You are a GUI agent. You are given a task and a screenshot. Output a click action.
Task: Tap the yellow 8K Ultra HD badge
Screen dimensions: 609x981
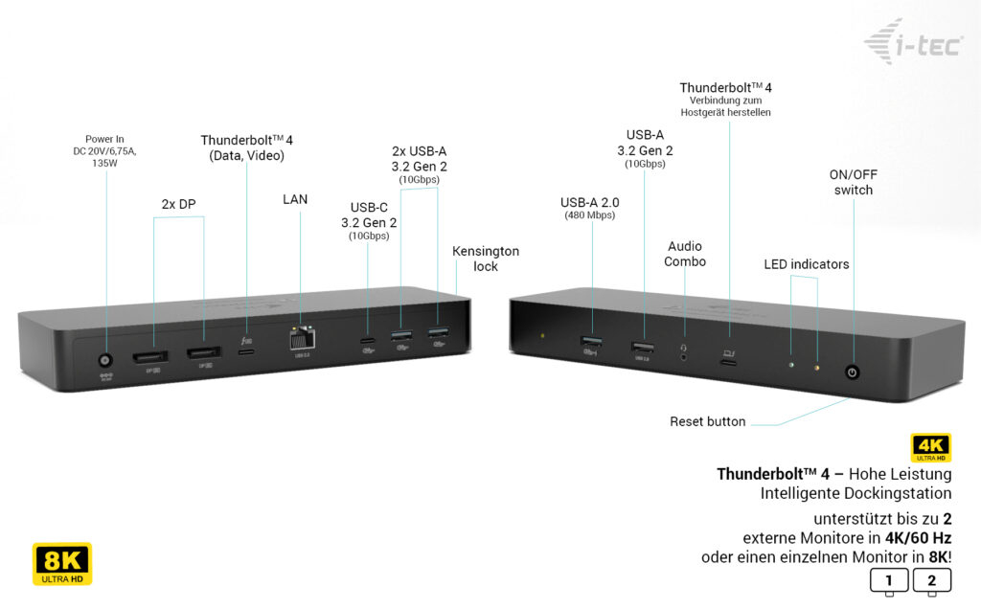tap(62, 564)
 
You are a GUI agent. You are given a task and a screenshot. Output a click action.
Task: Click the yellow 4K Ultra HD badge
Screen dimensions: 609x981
tap(930, 448)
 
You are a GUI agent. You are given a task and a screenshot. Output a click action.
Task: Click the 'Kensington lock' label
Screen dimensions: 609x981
tap(486, 259)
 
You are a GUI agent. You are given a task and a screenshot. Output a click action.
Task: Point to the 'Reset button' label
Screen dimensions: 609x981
tap(707, 421)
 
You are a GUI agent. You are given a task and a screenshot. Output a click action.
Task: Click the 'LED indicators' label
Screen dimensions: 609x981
tap(806, 263)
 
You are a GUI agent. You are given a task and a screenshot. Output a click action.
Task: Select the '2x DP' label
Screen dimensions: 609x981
tap(179, 204)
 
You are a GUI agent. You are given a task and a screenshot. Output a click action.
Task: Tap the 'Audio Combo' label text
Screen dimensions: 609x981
tap(685, 254)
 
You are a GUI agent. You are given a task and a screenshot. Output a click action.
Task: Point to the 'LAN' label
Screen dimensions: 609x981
tap(295, 199)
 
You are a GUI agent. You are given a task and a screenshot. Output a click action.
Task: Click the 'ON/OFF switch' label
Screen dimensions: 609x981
tap(853, 182)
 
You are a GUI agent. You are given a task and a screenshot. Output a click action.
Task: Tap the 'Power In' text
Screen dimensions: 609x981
tap(105, 138)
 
